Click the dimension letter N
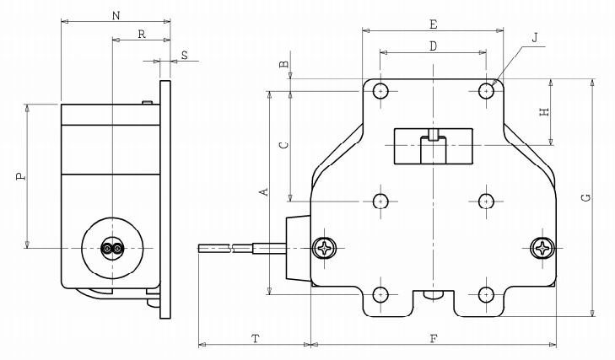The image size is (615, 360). click(x=116, y=16)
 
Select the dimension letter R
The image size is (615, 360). click(x=142, y=35)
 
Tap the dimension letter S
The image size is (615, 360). click(x=184, y=55)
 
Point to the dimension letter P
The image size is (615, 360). click(x=21, y=176)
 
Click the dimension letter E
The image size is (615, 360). click(x=433, y=24)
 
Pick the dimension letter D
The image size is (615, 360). click(x=433, y=46)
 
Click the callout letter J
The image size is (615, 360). click(x=535, y=38)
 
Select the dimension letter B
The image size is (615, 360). click(x=284, y=64)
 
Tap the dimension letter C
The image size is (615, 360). click(x=284, y=145)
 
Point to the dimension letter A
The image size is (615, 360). click(x=264, y=191)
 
